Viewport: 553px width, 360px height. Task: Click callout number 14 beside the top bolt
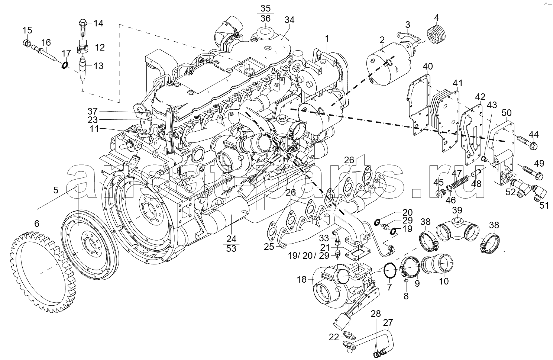click(x=98, y=23)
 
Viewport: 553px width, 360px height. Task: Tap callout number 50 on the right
click(x=506, y=112)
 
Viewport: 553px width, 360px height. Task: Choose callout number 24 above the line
click(x=231, y=238)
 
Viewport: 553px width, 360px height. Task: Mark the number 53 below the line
click(x=231, y=248)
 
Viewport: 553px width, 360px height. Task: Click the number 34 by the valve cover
click(x=289, y=20)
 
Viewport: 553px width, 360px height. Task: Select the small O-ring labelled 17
click(x=65, y=65)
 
